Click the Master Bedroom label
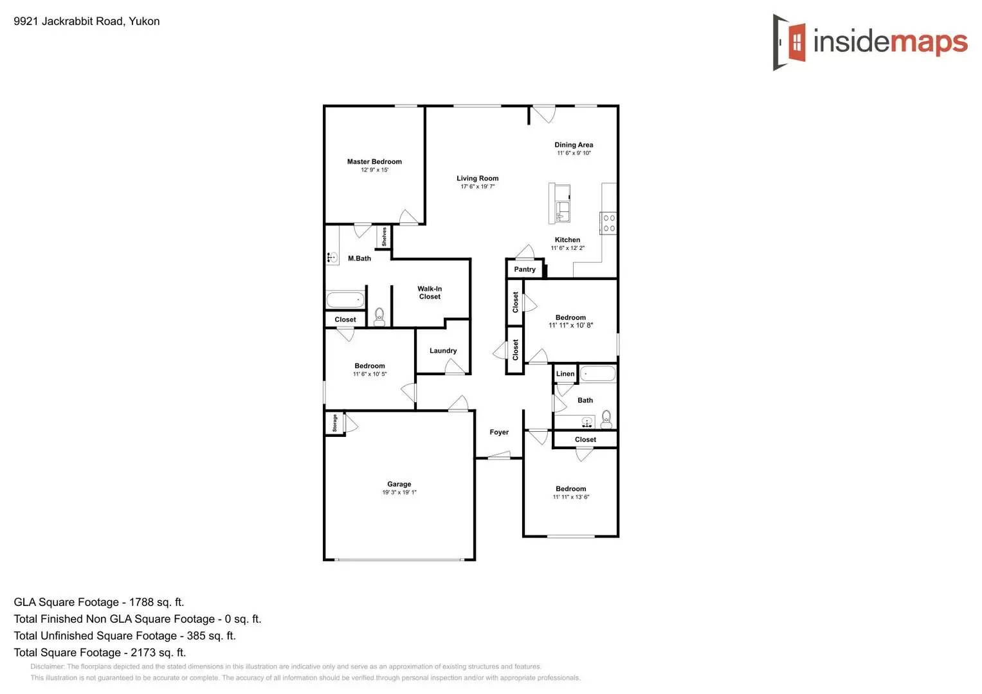click(374, 162)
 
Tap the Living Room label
click(477, 179)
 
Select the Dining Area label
click(574, 145)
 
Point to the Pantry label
click(525, 269)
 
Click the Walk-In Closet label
click(430, 293)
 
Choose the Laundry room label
click(443, 351)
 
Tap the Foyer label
click(499, 432)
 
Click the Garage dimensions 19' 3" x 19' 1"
click(399, 493)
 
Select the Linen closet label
click(565, 374)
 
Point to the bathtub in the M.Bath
click(345, 300)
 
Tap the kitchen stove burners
click(609, 223)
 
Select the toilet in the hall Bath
click(606, 420)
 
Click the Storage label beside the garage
click(334, 423)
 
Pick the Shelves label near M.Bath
click(384, 236)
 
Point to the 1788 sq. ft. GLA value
click(156, 602)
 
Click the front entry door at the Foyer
click(499, 457)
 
